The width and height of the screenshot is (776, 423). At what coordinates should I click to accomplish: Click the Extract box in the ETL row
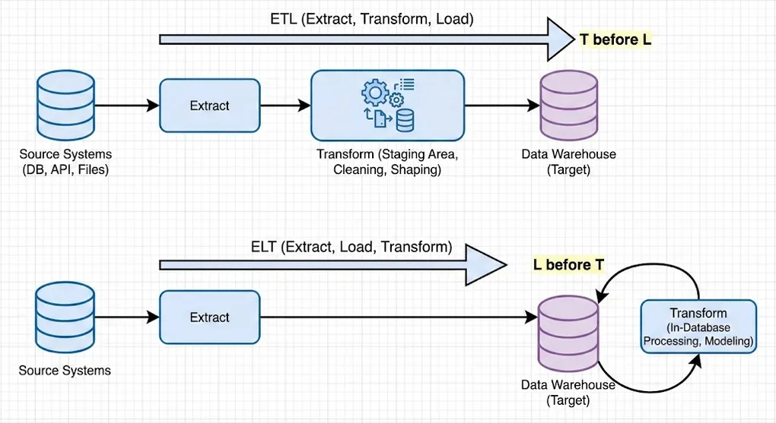click(209, 106)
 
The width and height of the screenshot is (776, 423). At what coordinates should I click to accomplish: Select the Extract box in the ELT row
click(209, 317)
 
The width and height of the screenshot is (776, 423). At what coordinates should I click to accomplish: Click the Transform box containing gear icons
click(387, 105)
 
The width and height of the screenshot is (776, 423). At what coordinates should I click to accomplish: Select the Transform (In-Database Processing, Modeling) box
click(698, 327)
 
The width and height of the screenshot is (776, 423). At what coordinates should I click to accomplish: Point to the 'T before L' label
click(615, 39)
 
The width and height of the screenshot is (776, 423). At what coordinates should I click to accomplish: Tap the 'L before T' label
click(568, 264)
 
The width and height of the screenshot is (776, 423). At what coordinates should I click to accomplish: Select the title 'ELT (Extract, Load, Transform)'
click(351, 247)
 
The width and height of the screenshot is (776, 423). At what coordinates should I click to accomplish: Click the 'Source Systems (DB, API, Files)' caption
click(65, 162)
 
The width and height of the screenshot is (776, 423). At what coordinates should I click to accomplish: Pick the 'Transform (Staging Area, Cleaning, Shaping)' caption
click(387, 162)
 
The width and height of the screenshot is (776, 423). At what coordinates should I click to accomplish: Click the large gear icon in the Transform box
click(374, 93)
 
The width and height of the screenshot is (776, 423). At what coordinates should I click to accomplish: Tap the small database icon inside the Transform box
click(405, 120)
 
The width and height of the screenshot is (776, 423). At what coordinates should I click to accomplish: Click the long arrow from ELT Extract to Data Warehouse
click(396, 317)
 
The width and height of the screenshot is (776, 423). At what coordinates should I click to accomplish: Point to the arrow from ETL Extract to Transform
click(285, 106)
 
